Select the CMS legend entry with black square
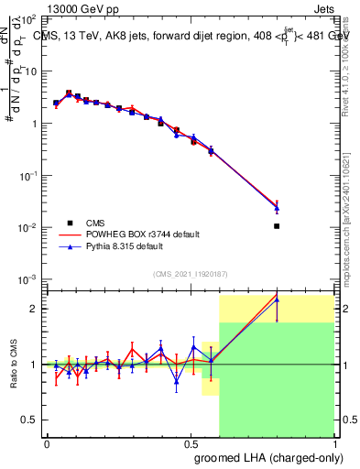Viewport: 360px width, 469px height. point(71,223)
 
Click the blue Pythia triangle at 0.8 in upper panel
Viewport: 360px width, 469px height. point(277,209)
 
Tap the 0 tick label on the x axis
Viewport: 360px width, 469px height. point(46,443)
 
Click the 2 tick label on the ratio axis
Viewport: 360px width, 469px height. point(35,309)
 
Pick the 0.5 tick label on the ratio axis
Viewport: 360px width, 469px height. point(30,420)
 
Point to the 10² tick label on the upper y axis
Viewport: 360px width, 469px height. point(30,19)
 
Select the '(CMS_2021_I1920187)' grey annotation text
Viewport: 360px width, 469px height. point(190,273)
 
